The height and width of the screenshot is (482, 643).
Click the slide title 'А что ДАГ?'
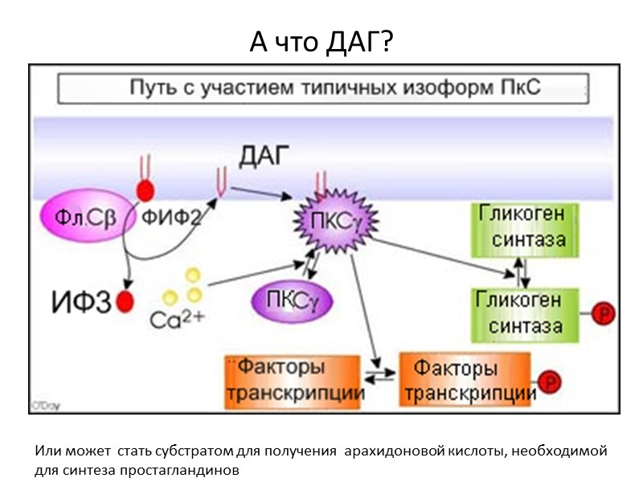321,42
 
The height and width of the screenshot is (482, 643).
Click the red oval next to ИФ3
125,302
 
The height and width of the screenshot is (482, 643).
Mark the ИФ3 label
81,303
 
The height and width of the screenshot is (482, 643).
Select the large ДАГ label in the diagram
264,156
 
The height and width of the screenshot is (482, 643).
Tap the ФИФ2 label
171,217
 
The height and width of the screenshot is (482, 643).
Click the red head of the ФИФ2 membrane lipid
146,190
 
